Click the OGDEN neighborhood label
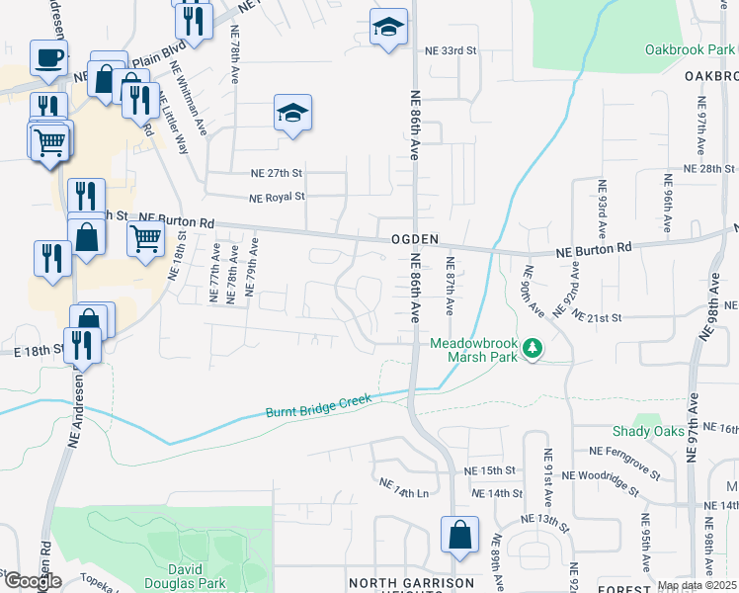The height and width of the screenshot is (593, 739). coord(405,239)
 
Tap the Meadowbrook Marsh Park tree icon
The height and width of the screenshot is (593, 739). coord(534,349)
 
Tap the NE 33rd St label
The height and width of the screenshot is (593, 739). coord(451,50)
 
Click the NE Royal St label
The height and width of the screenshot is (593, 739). coord(277,197)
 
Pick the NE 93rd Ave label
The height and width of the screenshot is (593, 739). coord(601,207)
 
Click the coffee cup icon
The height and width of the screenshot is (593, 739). coord(47,57)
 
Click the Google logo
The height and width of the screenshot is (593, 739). coord(32,581)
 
